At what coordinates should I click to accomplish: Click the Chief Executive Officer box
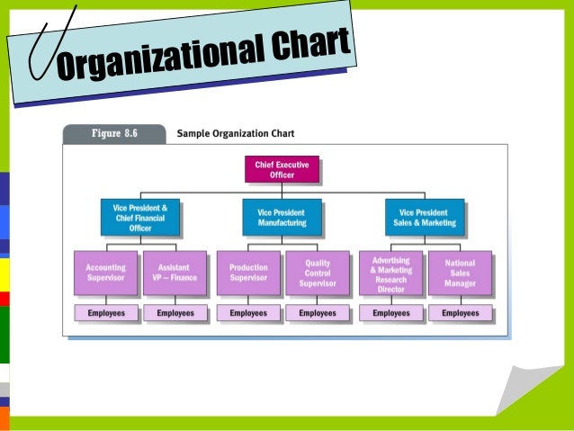click(282, 169)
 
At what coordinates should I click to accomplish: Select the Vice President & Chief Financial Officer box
click(139, 217)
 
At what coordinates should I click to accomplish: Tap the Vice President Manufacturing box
click(282, 217)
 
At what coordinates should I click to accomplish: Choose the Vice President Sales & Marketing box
click(426, 217)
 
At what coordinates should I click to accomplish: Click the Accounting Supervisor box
click(105, 273)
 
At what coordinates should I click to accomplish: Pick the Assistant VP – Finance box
click(175, 273)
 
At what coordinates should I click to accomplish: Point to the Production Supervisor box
click(248, 273)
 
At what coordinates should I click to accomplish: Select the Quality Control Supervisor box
click(318, 273)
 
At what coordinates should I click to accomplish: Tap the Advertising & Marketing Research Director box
click(390, 273)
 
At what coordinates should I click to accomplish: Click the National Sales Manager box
click(461, 273)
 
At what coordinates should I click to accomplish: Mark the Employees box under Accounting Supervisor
click(105, 313)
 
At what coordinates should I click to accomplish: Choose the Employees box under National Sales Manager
click(461, 313)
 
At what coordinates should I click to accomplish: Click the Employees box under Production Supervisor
click(248, 313)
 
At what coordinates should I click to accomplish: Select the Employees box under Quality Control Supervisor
click(318, 313)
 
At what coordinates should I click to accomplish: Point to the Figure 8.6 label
click(113, 133)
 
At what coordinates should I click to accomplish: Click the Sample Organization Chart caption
click(236, 133)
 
